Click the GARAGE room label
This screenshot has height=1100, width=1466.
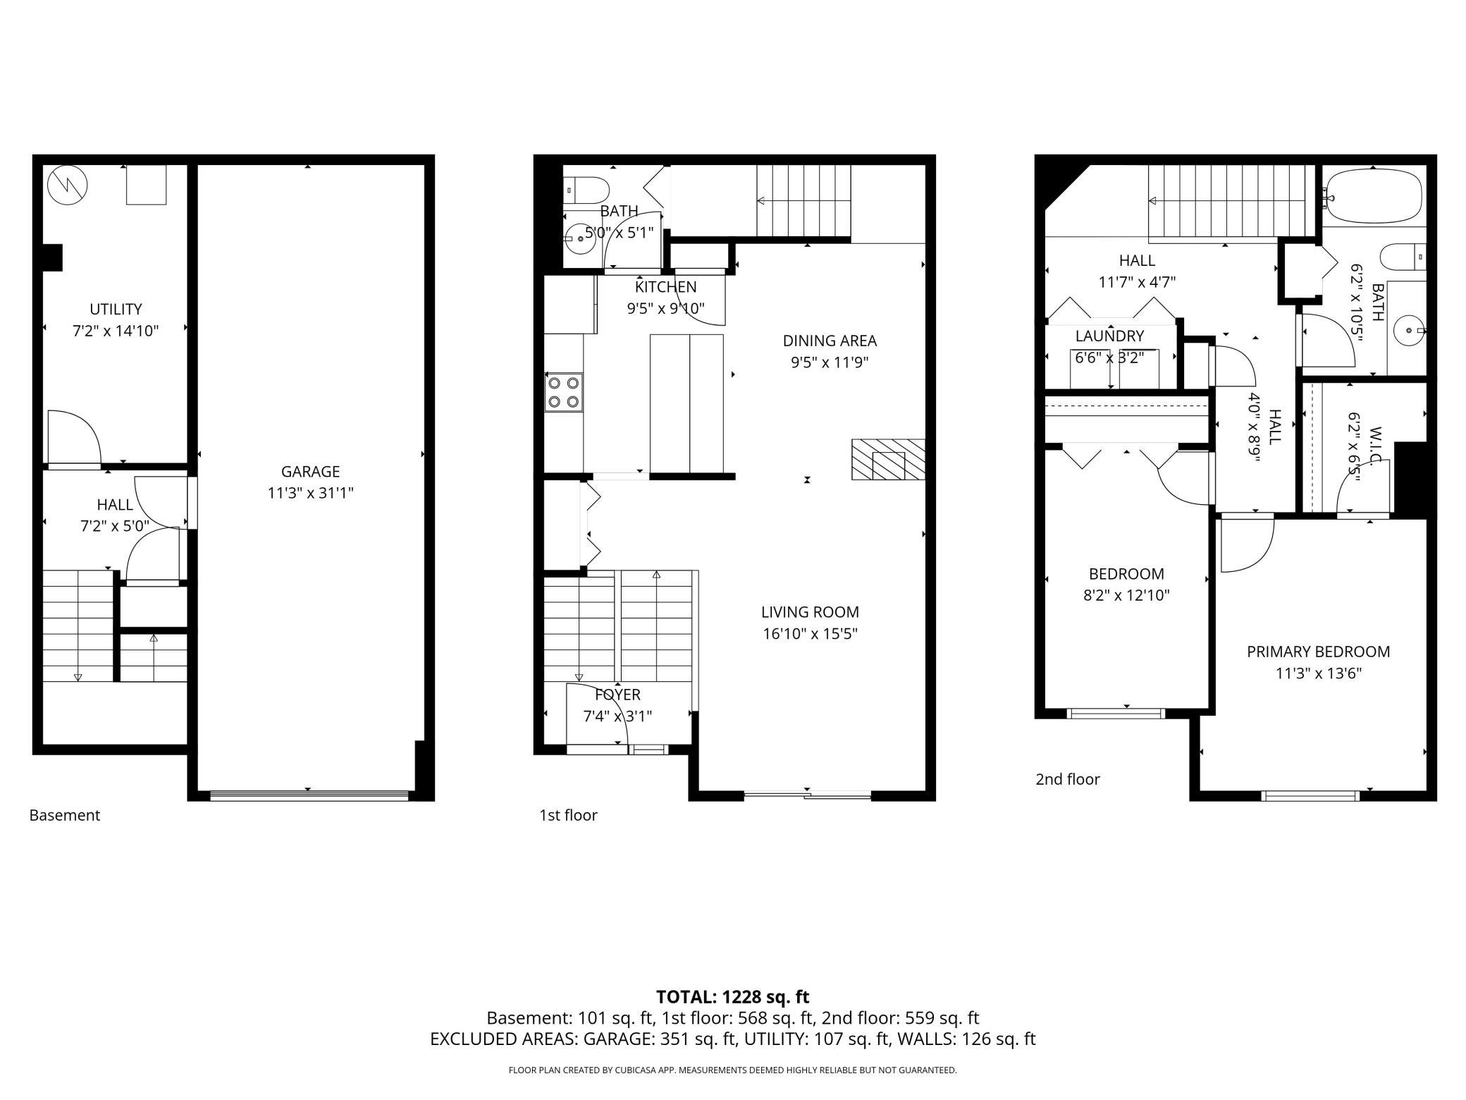[310, 471]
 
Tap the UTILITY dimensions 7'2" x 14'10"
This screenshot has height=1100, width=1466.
[116, 331]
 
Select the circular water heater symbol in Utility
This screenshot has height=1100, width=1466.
[68, 185]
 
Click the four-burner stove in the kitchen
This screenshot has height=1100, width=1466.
[564, 392]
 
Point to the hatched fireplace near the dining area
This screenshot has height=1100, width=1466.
[888, 460]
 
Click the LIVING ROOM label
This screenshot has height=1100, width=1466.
[810, 612]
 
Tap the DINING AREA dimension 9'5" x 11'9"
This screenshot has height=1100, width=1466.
[830, 362]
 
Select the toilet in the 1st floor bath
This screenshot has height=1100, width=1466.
[587, 190]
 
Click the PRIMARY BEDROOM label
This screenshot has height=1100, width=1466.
[1318, 652]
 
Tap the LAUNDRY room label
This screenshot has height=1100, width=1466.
[1109, 336]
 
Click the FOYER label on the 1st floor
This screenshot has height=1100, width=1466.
[617, 695]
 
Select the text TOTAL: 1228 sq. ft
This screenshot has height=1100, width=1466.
[732, 997]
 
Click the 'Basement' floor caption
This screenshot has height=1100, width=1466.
[65, 815]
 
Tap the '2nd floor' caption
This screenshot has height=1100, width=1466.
[1067, 779]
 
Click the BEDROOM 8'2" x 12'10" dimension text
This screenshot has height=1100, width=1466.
[1126, 595]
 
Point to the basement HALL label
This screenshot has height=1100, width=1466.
[115, 505]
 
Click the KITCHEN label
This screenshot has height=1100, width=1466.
[665, 287]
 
